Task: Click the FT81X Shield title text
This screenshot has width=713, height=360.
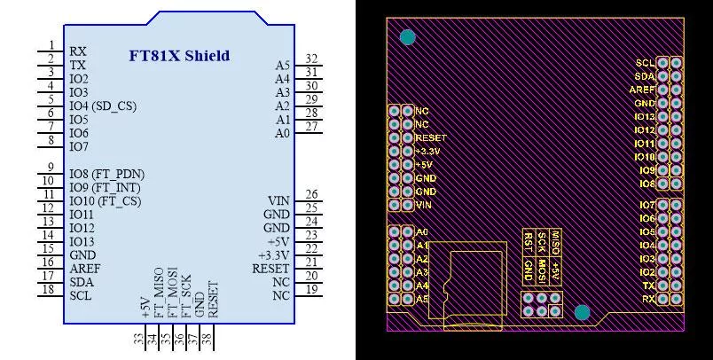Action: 179,56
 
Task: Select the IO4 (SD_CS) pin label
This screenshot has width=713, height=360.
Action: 103,106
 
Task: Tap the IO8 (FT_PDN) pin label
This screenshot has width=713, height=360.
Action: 106,174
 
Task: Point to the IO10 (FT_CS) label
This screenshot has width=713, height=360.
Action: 105,201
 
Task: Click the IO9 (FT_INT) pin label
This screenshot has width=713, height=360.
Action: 105,187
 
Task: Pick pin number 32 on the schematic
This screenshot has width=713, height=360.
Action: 311,59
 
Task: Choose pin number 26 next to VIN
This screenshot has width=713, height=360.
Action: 311,194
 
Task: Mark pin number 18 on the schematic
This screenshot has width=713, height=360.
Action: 49,289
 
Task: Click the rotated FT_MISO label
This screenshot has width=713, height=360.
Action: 159,293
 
